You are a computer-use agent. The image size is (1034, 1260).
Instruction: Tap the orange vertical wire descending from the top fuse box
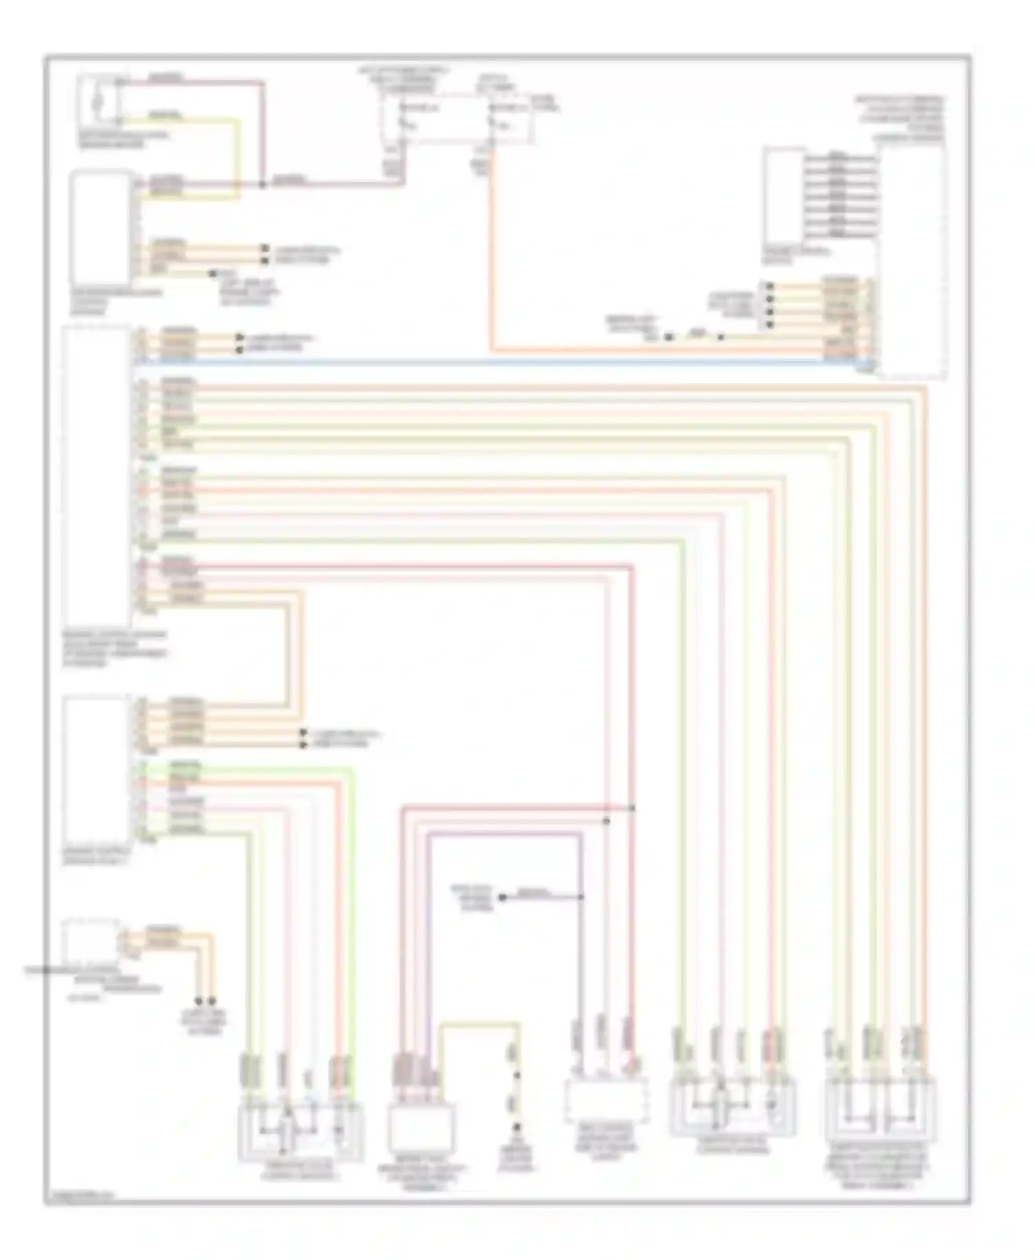(492, 262)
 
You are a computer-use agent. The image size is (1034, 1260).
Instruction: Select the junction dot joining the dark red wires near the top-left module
(263, 185)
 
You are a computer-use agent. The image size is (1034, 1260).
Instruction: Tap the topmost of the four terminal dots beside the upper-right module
(769, 285)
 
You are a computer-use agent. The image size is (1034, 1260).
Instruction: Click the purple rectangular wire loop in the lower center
(503, 834)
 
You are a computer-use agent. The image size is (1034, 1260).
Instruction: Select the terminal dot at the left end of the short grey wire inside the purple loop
(503, 897)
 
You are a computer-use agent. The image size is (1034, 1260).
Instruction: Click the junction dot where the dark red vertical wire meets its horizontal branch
(632, 807)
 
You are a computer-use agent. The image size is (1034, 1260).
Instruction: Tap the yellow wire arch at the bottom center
(479, 1024)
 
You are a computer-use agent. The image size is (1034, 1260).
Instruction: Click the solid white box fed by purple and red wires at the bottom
(420, 1127)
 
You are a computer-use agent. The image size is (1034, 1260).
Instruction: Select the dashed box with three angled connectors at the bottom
(606, 1100)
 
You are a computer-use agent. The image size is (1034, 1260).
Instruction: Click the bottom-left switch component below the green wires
(301, 1130)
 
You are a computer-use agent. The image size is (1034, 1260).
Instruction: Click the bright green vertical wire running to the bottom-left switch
(352, 896)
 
